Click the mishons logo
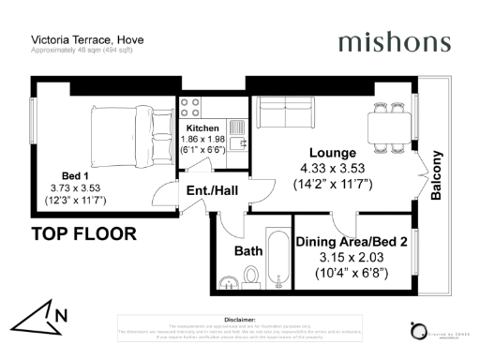click(x=394, y=42)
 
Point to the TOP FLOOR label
click(x=84, y=232)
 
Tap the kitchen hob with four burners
click(x=190, y=107)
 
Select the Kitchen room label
click(x=202, y=128)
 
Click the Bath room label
click(x=248, y=251)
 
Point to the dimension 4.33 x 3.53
click(x=333, y=169)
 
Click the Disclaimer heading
click(x=241, y=319)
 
